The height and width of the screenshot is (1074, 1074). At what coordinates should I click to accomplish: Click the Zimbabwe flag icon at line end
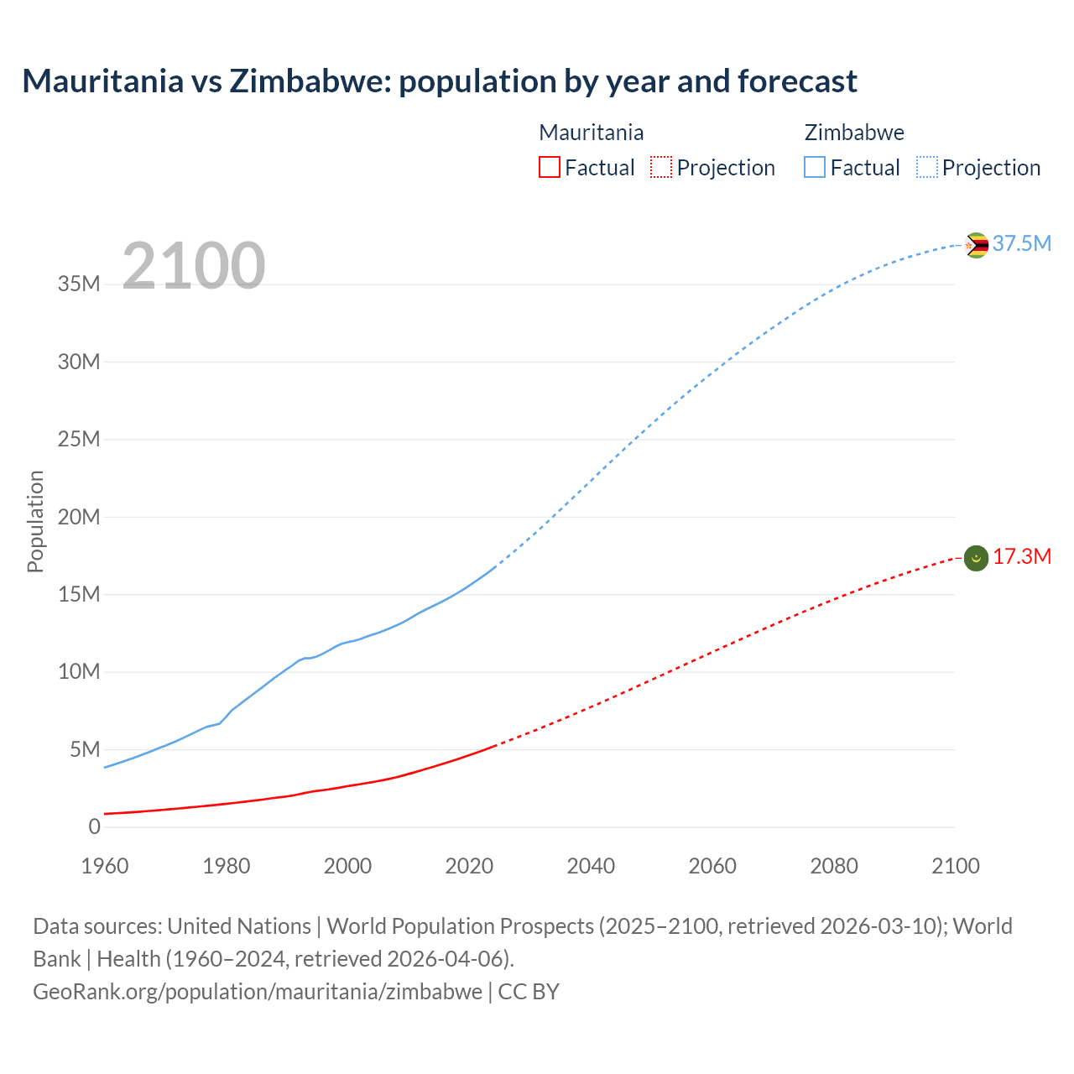point(976,245)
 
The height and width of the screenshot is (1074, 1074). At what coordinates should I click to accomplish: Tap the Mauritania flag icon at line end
point(976,558)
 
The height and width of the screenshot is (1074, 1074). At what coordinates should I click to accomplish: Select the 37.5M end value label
point(1022,243)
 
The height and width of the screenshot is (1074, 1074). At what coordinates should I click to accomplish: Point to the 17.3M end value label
point(1022,557)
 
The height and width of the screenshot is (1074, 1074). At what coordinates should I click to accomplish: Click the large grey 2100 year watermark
point(194,266)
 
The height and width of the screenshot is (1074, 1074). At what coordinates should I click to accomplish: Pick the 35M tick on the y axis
point(79,284)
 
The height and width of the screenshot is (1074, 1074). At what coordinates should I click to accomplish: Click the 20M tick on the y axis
point(79,517)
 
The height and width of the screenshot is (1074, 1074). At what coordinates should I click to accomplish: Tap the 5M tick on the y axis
point(85,749)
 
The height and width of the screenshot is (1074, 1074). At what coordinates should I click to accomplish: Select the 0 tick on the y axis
point(94,826)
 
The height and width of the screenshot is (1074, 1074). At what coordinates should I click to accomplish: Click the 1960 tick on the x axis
point(105,866)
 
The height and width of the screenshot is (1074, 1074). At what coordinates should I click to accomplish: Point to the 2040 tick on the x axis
point(591,866)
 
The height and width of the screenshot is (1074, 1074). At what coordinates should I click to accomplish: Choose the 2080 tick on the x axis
point(834,866)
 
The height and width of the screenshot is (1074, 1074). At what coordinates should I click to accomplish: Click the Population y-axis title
point(35,521)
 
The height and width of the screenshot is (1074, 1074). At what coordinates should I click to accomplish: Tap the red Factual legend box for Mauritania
point(549,167)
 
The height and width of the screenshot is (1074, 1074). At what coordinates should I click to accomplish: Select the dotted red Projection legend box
point(661,167)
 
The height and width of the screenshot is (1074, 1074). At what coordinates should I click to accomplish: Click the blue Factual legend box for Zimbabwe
point(815,167)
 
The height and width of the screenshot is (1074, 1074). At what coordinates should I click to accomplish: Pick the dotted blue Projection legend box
point(927,167)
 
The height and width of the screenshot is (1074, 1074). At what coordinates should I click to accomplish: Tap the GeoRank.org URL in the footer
point(258,991)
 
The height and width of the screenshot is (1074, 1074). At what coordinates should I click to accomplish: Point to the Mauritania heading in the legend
point(592,133)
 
